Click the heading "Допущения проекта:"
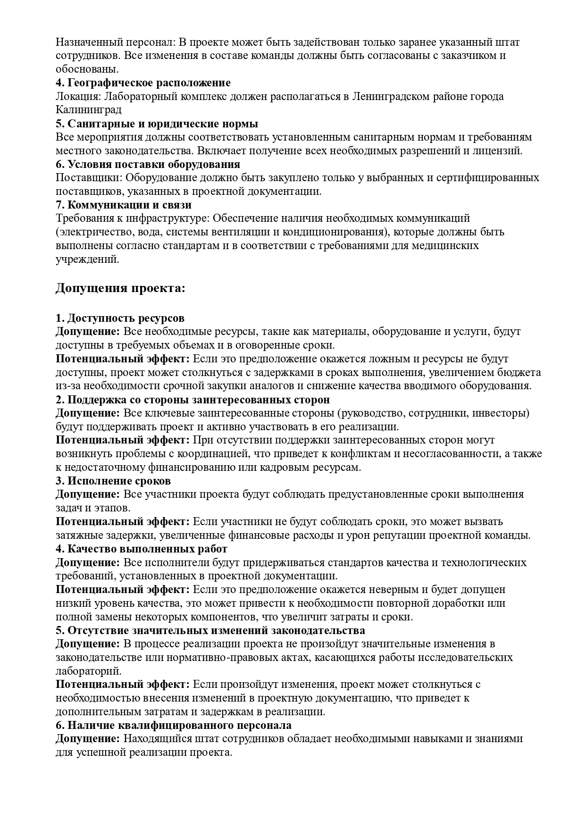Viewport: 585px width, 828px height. (120, 288)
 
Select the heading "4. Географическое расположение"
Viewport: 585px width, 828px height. (143, 83)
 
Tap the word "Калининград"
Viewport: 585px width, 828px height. (88, 110)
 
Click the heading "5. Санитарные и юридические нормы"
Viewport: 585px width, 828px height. (157, 124)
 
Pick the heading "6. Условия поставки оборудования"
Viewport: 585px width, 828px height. (148, 164)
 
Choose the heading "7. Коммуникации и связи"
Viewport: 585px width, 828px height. (124, 205)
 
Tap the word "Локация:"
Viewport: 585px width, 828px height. (77, 97)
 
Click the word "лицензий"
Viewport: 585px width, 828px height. (496, 151)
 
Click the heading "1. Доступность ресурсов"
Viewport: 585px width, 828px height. (120, 318)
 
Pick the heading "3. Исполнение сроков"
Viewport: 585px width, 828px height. (113, 481)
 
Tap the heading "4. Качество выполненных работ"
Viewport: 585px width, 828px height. (142, 549)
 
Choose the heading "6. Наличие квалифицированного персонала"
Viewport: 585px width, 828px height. (173, 725)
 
